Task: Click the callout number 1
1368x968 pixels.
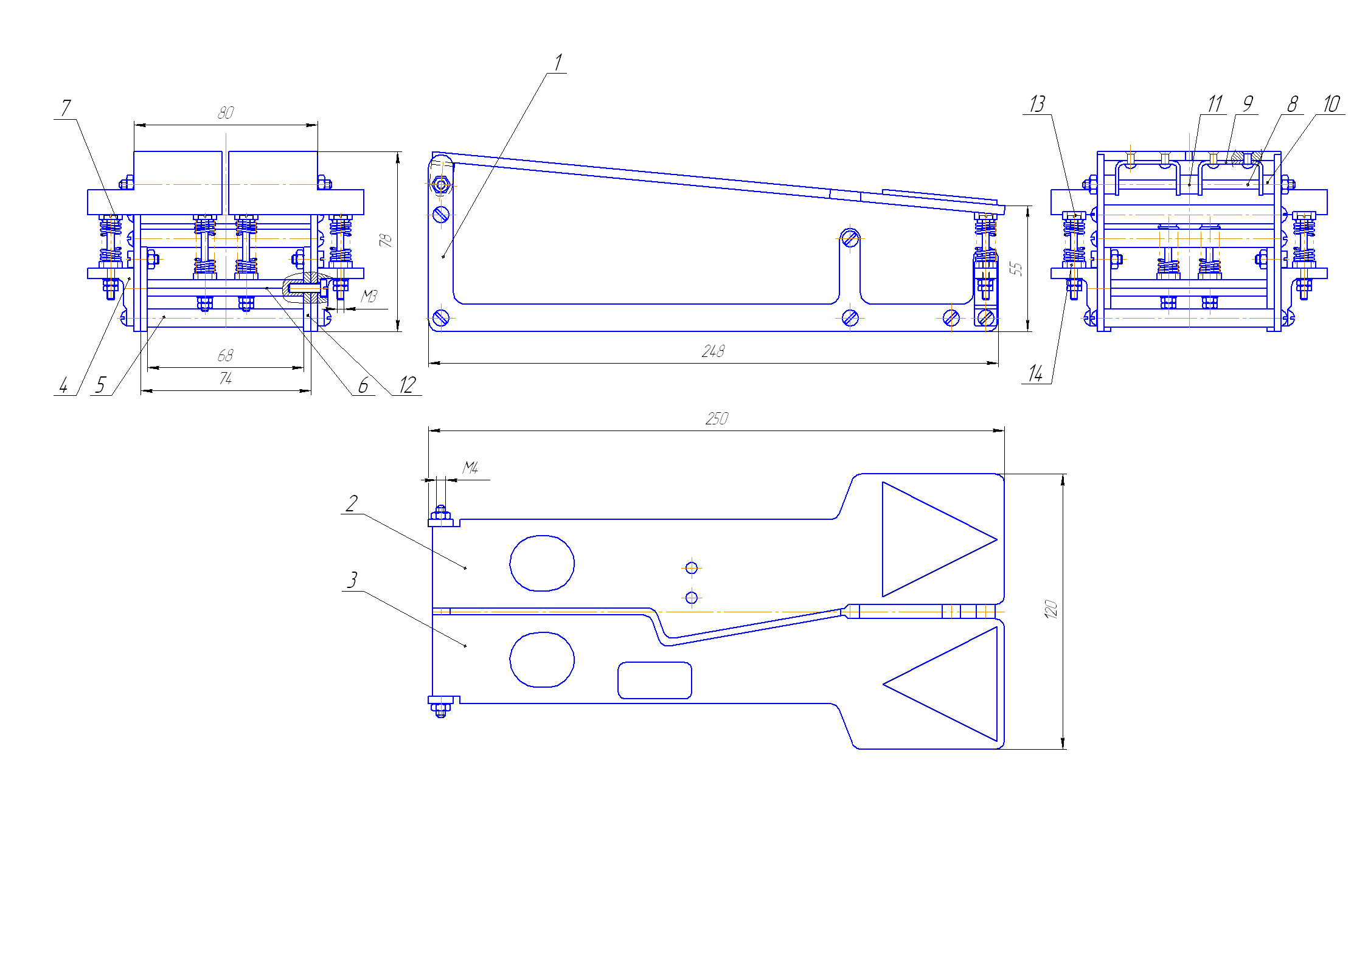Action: point(558,62)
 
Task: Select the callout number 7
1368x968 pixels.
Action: point(66,108)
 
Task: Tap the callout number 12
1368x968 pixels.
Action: point(407,385)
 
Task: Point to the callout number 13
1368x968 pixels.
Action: point(1037,104)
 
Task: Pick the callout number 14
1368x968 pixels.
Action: point(1035,373)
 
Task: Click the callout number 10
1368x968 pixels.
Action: point(1332,104)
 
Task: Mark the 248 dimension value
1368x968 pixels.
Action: point(713,351)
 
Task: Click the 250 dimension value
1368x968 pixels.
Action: point(717,419)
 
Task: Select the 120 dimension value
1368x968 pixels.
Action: point(1051,609)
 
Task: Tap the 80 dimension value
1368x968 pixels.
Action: point(226,113)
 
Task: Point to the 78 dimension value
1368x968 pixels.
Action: point(386,240)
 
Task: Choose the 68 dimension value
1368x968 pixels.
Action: point(225,356)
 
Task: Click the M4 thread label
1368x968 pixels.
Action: point(470,468)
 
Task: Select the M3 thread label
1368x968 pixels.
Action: point(369,296)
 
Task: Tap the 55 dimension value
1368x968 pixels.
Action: point(1016,269)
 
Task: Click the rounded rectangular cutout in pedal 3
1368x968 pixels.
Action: point(654,680)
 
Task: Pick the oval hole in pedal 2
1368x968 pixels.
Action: point(542,563)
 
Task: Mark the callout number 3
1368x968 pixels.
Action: point(352,580)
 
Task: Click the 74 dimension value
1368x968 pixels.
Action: point(225,379)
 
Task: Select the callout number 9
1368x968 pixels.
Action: point(1248,104)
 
